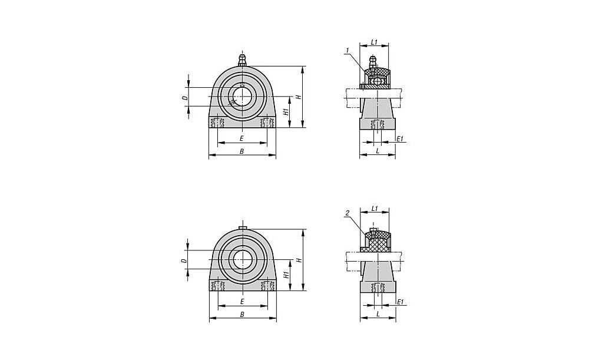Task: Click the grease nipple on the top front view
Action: pos(243,61)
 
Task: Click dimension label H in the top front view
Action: pos(299,97)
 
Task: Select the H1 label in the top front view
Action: pos(286,111)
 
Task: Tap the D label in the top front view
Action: pos(184,98)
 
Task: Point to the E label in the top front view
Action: pos(242,138)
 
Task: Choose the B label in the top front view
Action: pos(242,151)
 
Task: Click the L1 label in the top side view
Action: pos(374,42)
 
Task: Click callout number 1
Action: pos(348,50)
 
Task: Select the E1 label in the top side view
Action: pos(400,138)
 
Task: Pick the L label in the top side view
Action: pos(378,151)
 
